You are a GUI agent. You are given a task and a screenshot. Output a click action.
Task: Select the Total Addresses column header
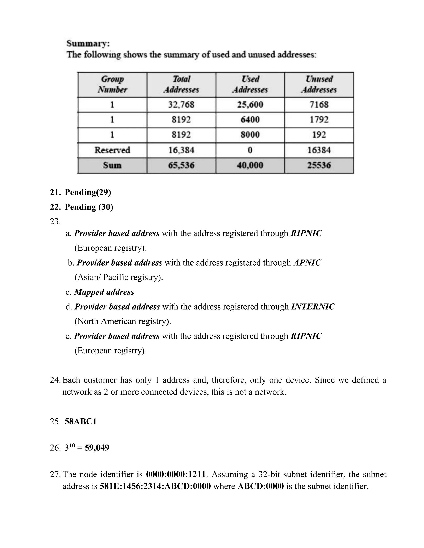pos(181,84)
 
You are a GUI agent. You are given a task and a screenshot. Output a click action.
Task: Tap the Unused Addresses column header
pos(319,84)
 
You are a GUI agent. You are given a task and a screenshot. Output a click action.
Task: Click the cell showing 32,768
pos(181,105)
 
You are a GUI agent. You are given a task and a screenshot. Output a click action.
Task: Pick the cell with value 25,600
pos(250,105)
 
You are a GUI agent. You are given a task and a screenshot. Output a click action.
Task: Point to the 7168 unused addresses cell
pos(319,105)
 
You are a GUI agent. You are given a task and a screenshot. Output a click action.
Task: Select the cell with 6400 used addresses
pos(250,120)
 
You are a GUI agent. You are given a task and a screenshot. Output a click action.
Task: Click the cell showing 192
pos(319,135)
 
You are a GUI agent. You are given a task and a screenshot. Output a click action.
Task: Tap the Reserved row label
pos(112,150)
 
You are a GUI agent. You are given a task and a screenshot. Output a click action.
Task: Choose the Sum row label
pos(112,165)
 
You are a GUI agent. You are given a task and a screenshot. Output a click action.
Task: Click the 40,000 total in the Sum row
pos(250,165)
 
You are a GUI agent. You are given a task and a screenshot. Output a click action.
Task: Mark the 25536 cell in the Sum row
pos(319,165)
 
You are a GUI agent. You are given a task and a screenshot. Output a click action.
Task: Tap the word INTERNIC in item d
pos(313,307)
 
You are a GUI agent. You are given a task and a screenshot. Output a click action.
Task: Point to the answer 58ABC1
pos(81,421)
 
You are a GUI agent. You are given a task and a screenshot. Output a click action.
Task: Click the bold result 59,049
pos(97,448)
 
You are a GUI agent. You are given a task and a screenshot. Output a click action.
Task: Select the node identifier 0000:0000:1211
pos(176,474)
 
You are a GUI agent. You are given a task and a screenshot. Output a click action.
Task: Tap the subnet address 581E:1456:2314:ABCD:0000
pos(155,486)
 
